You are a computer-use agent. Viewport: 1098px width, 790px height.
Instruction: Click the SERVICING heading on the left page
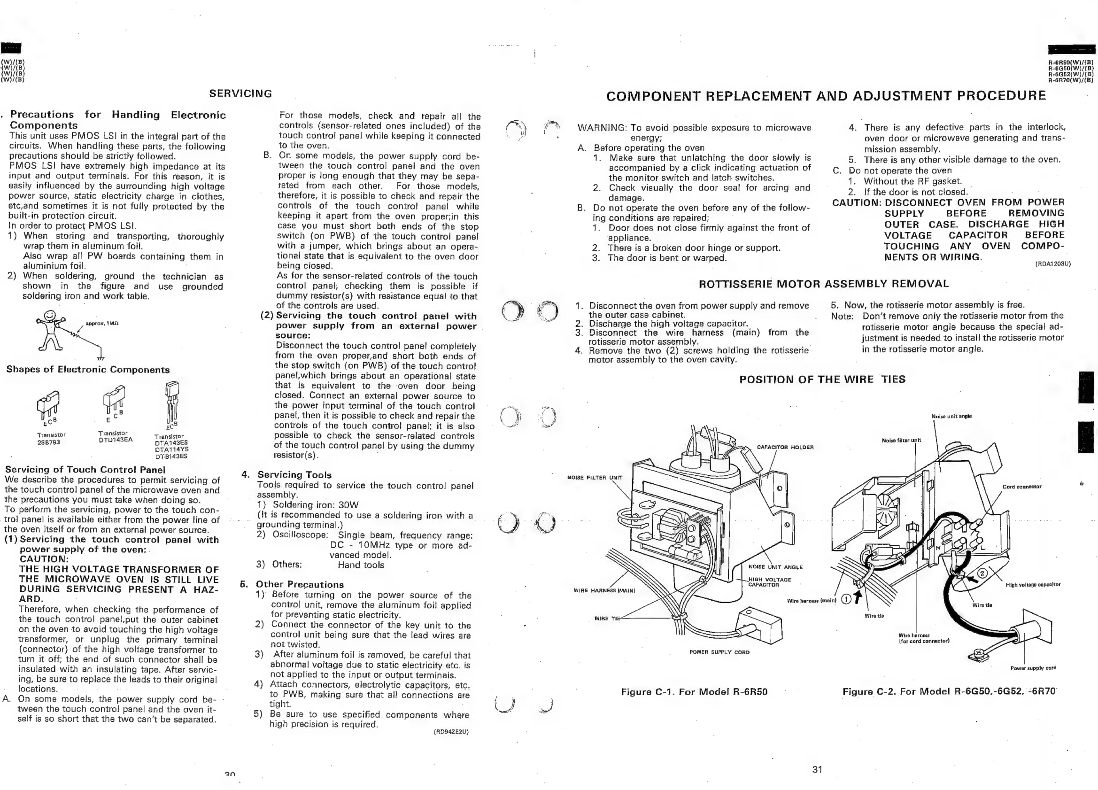point(240,93)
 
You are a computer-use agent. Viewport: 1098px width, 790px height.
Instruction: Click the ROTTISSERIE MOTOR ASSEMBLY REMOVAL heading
point(824,284)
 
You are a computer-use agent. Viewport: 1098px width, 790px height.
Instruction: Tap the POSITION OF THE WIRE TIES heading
point(822,380)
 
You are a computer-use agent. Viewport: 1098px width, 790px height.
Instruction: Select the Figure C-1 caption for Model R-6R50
point(694,692)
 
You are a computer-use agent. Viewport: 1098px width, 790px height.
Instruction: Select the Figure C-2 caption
point(948,691)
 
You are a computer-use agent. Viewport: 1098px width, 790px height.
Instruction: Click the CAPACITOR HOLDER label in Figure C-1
point(785,447)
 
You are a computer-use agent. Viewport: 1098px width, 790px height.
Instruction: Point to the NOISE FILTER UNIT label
point(595,478)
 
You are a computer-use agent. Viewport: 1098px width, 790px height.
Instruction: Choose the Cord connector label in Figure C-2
point(1021,487)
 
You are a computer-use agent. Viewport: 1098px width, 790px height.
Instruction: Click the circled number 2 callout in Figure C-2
point(982,573)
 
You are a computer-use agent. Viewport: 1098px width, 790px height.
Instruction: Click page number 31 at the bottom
point(817,769)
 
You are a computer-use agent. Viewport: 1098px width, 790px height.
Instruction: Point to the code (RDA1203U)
point(1052,264)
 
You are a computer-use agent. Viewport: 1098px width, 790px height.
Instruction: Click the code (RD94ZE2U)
point(451,732)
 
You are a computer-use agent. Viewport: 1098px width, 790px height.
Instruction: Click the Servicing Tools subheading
point(294,475)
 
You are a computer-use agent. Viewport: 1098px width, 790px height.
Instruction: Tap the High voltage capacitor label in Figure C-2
point(1033,585)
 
